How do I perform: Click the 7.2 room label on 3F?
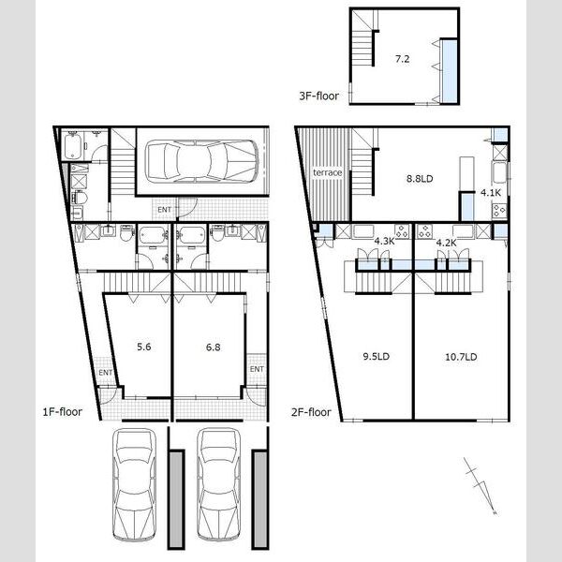[x=402, y=59]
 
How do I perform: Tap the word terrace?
[x=327, y=172]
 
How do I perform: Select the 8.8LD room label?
[x=420, y=179]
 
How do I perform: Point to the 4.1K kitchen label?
[x=490, y=193]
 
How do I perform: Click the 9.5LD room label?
[x=376, y=356]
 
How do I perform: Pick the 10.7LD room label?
[x=461, y=357]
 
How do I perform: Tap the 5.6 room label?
[x=143, y=347]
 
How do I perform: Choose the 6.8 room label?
[x=214, y=347]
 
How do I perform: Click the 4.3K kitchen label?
[x=384, y=242]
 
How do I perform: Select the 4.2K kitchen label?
[x=446, y=243]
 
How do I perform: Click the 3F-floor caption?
[x=319, y=96]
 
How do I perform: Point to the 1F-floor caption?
[x=63, y=412]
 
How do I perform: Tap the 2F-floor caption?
[x=311, y=412]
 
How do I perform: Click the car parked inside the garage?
[x=201, y=161]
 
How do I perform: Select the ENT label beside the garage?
[x=165, y=210]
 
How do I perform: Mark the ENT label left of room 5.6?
[x=105, y=373]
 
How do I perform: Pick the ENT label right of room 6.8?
[x=257, y=369]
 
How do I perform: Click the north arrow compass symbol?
[x=480, y=485]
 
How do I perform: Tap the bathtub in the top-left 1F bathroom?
[x=73, y=146]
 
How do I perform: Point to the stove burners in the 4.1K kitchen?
[x=499, y=211]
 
